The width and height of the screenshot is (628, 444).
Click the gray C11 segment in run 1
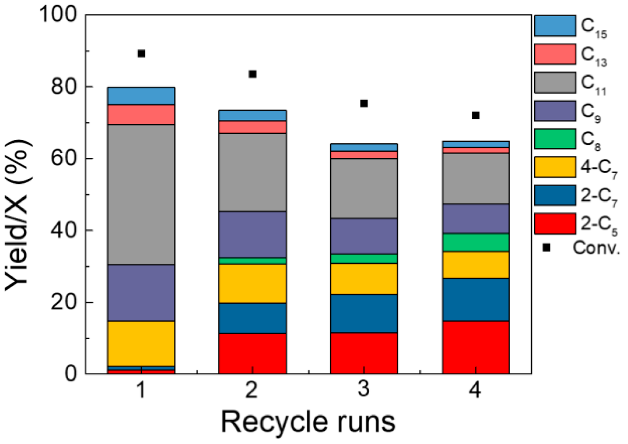point(141,194)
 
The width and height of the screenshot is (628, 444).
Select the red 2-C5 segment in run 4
point(476,347)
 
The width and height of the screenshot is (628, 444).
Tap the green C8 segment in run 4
point(476,242)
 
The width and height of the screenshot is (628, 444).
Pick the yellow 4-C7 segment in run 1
point(141,344)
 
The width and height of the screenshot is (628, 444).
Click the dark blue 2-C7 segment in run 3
point(364,313)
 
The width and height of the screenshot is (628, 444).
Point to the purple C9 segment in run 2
point(252,234)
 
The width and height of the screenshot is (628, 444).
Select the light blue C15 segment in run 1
point(141,96)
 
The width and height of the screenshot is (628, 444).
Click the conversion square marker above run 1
point(141,54)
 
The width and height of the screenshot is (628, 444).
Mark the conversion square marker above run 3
point(364,103)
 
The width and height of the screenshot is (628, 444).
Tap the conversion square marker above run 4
point(476,115)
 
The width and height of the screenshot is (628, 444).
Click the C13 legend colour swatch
point(555,54)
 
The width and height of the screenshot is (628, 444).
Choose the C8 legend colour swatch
point(555,139)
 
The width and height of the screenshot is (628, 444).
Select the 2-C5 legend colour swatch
point(555,224)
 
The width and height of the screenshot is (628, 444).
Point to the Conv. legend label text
point(596,248)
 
